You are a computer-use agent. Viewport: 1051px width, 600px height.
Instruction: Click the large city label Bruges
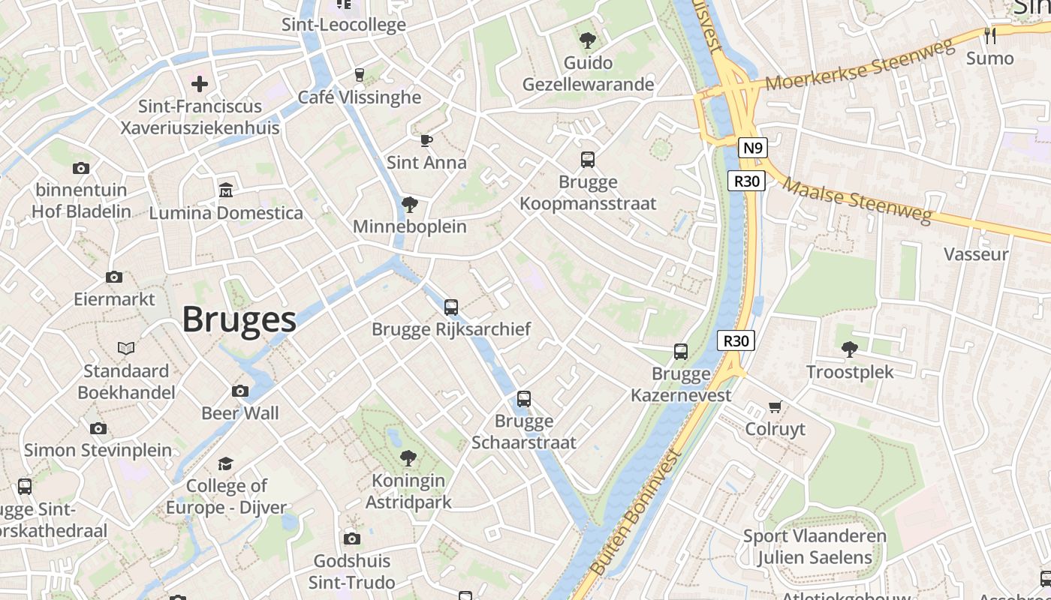point(239,319)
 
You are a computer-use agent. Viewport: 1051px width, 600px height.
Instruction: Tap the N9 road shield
point(752,148)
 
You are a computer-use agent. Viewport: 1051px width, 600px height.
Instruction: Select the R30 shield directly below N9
point(747,181)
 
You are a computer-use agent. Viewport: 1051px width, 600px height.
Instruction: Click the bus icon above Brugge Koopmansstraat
point(588,160)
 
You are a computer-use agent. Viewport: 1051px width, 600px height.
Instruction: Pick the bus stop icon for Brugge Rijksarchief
point(451,307)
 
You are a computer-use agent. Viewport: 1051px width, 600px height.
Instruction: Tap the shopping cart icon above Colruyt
point(775,407)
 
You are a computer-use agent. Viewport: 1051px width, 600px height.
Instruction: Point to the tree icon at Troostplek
point(850,349)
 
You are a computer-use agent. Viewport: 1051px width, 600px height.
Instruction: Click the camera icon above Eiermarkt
point(114,277)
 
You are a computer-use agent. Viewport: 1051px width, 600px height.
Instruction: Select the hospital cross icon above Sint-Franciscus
point(200,84)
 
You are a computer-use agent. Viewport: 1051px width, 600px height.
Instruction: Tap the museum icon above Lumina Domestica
point(225,190)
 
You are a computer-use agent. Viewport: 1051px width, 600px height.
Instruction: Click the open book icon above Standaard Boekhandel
point(126,349)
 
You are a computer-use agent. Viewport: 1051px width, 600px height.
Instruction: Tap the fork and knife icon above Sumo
point(990,35)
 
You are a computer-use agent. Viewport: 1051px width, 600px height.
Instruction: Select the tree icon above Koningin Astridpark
point(408,458)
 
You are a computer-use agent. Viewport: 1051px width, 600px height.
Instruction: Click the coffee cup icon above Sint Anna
point(426,140)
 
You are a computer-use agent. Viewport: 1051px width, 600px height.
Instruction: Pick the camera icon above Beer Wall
point(240,391)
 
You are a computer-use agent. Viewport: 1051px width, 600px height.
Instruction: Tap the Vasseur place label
point(976,254)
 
